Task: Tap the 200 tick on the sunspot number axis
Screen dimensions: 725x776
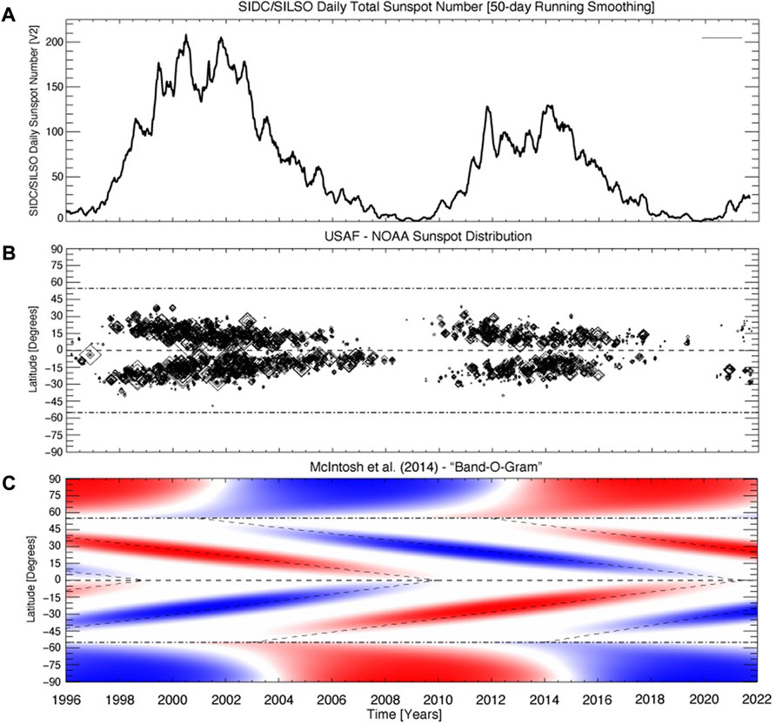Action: (54, 42)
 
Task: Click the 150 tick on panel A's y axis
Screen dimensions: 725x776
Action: (54, 87)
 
